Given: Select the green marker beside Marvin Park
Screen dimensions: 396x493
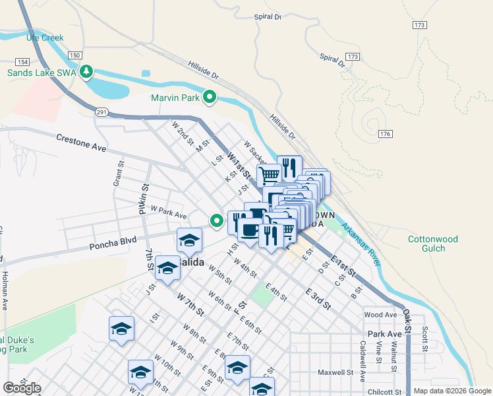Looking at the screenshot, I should click(210, 98).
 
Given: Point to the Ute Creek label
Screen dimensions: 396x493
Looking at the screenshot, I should click(45, 38).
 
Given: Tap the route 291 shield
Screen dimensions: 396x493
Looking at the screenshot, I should click(101, 113).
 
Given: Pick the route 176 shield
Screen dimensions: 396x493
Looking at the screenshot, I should click(386, 134).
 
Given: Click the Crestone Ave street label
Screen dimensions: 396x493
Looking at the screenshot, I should click(81, 143).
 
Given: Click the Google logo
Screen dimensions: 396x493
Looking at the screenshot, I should click(22, 388).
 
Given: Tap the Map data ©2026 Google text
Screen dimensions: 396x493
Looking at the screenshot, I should click(451, 391).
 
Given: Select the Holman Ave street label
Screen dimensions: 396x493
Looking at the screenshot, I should click(4, 292).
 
